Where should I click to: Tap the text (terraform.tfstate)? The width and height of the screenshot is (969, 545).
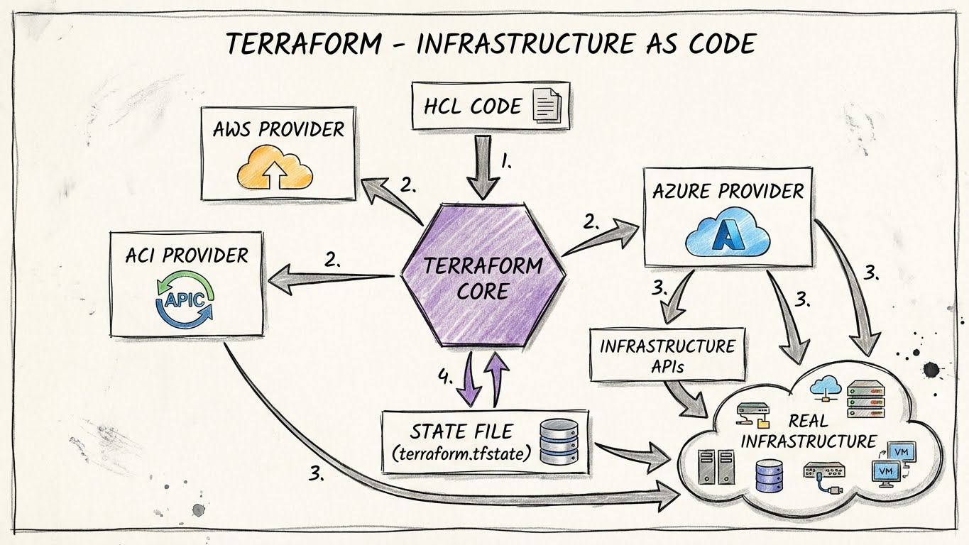tap(461, 453)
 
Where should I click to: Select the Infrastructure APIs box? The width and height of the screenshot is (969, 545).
tap(667, 356)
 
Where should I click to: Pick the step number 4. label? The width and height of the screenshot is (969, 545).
tap(445, 378)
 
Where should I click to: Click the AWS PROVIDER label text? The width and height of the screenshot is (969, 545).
tap(278, 130)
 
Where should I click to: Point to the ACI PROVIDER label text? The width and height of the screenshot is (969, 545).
tap(187, 255)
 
